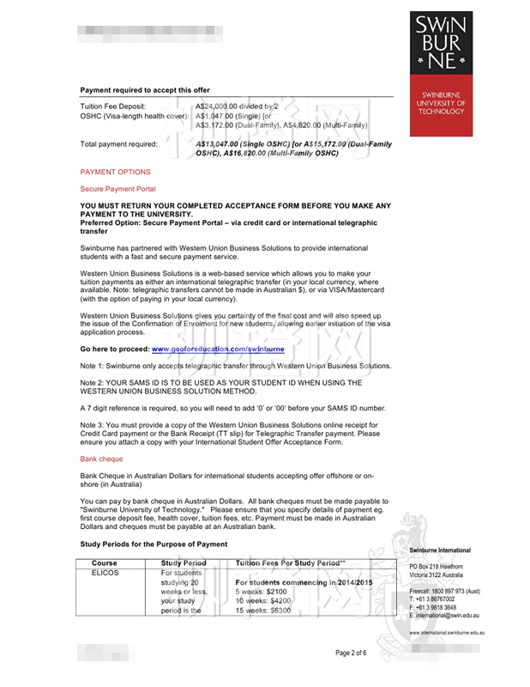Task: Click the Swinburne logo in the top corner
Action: tap(441, 42)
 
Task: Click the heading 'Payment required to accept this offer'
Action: tap(145, 89)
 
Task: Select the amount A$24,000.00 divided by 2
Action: tap(238, 106)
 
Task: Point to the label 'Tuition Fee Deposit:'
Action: tap(113, 106)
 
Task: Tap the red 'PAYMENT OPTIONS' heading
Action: tap(115, 172)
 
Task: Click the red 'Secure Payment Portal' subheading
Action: tap(117, 188)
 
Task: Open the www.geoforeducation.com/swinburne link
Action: tap(218, 350)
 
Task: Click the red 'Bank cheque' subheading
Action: tap(101, 459)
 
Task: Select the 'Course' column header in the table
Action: tap(104, 563)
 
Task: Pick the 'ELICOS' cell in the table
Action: tap(104, 573)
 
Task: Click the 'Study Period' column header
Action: tap(184, 563)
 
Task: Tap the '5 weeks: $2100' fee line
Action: tap(261, 592)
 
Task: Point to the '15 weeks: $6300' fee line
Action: tap(262, 611)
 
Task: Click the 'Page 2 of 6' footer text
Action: tap(351, 653)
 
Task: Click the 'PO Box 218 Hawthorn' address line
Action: tap(437, 567)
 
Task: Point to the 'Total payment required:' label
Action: tap(118, 144)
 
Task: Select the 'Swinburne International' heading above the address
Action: tap(440, 550)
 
